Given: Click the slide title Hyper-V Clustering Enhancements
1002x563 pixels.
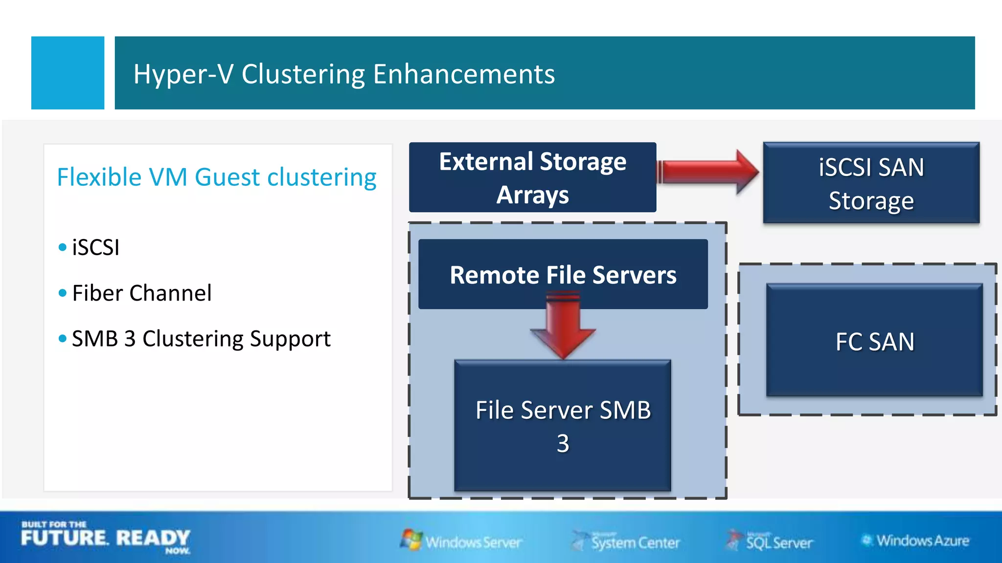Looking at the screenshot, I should click(x=344, y=74).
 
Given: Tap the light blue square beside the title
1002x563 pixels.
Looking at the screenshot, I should click(x=68, y=73).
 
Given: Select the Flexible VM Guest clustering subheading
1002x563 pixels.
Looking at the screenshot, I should click(x=216, y=177).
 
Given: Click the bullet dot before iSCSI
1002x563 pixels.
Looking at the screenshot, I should click(x=62, y=247).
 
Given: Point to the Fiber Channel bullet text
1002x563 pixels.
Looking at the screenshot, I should click(x=142, y=293).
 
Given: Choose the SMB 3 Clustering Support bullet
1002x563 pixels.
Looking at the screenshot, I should click(x=201, y=339).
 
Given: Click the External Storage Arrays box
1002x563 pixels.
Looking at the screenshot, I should click(x=532, y=177).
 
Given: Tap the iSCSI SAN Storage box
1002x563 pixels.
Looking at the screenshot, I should click(x=871, y=183).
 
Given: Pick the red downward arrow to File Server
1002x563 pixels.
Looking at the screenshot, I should click(x=563, y=327).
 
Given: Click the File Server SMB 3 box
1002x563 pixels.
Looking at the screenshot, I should click(x=563, y=425).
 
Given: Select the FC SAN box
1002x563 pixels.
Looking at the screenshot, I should click(x=874, y=341).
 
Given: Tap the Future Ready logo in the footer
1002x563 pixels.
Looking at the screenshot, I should click(x=105, y=538).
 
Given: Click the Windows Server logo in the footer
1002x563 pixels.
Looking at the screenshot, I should click(x=461, y=541).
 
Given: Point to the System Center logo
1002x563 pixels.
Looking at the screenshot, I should click(x=626, y=541).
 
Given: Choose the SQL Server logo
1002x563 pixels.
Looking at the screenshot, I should click(x=770, y=541).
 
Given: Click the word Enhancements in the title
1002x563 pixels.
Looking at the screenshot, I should click(x=464, y=74).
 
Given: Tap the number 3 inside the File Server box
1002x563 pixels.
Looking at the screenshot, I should click(x=563, y=444).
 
